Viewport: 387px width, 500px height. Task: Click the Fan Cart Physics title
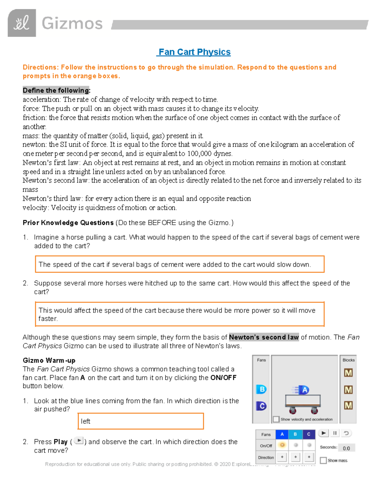click(194, 52)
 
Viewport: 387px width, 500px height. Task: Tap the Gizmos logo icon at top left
click(22, 23)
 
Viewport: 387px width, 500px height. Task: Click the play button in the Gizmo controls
click(323, 433)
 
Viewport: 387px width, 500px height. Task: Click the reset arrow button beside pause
click(346, 433)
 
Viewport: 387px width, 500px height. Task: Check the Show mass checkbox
click(323, 460)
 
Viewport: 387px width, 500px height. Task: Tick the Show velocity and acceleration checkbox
click(276, 419)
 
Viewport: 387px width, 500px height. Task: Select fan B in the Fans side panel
click(262, 389)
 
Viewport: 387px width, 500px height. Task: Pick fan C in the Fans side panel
click(262, 406)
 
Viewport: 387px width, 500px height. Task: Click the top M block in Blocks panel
click(348, 373)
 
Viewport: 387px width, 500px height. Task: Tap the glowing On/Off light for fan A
click(282, 445)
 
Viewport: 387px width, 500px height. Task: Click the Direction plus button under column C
click(309, 457)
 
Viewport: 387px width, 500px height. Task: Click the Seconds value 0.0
click(346, 448)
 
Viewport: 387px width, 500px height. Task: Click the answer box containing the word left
click(141, 421)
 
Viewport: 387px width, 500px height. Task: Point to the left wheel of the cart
click(293, 410)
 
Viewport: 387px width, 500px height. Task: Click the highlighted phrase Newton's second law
click(264, 337)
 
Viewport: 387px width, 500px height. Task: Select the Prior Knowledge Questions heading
click(68, 223)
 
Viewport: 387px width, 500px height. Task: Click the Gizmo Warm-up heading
click(49, 360)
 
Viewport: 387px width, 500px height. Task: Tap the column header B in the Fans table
click(295, 434)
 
